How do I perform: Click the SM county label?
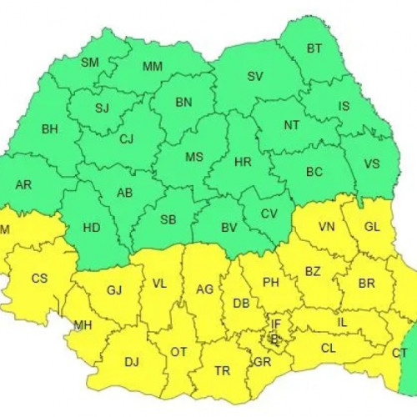click(90, 62)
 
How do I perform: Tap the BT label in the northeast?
click(314, 49)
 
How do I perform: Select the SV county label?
click(254, 76)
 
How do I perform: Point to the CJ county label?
click(126, 139)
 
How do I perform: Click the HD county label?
click(92, 227)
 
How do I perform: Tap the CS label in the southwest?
click(39, 279)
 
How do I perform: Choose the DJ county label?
click(131, 362)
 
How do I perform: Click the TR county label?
click(223, 370)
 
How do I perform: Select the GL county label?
click(374, 227)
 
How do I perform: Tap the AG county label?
click(204, 289)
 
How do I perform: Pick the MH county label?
click(83, 325)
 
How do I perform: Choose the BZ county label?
click(312, 272)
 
